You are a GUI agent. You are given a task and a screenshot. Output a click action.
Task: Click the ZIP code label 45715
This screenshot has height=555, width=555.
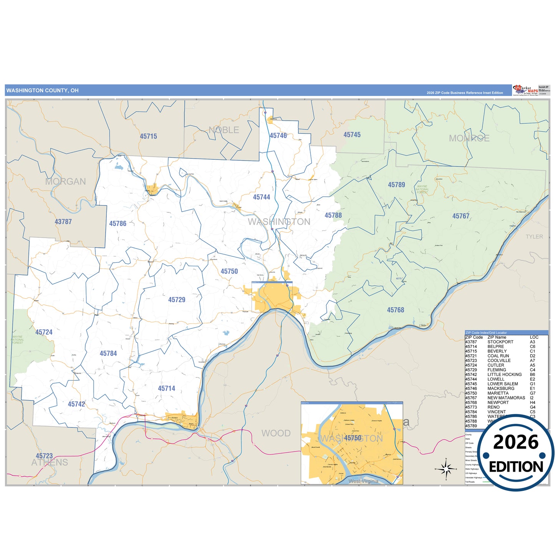(x=148, y=136)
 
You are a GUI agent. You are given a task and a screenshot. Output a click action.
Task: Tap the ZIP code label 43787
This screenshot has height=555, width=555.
(x=63, y=222)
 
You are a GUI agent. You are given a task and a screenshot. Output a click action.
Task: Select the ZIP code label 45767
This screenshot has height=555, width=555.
(x=461, y=216)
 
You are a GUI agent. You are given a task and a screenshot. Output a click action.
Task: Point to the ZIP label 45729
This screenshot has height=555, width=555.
(x=177, y=300)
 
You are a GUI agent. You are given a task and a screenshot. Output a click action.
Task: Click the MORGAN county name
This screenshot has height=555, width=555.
(x=66, y=181)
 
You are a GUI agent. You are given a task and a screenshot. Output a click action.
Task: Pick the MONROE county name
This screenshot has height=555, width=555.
(x=469, y=138)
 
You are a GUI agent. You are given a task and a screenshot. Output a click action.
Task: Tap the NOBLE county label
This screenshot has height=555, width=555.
(x=224, y=130)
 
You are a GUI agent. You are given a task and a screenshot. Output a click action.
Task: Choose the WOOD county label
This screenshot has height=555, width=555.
(x=276, y=433)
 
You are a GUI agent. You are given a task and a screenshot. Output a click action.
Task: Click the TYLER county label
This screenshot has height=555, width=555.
(x=534, y=237)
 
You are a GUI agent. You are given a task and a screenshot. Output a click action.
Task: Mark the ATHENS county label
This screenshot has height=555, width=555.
(x=50, y=462)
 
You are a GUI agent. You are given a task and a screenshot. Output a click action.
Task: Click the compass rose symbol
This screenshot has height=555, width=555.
(x=446, y=469)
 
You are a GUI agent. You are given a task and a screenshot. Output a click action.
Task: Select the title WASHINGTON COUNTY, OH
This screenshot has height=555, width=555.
(x=42, y=91)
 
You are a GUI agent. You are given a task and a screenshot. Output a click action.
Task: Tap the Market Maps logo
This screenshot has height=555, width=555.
(x=525, y=90)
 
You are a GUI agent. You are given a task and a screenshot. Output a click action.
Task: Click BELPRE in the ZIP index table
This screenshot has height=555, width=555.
(x=495, y=346)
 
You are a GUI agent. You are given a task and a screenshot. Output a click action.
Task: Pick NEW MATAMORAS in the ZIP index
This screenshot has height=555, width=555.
(x=506, y=398)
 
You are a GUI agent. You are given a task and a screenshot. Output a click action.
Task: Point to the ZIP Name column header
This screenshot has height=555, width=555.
(x=497, y=337)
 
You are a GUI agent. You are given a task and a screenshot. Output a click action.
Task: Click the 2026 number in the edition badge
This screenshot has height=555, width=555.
(x=515, y=442)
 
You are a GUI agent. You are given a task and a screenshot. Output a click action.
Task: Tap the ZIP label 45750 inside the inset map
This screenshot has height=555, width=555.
(x=353, y=438)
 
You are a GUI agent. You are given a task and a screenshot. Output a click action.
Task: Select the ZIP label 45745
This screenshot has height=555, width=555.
(x=352, y=135)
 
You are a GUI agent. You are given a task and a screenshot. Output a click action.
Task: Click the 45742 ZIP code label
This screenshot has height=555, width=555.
(x=76, y=404)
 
